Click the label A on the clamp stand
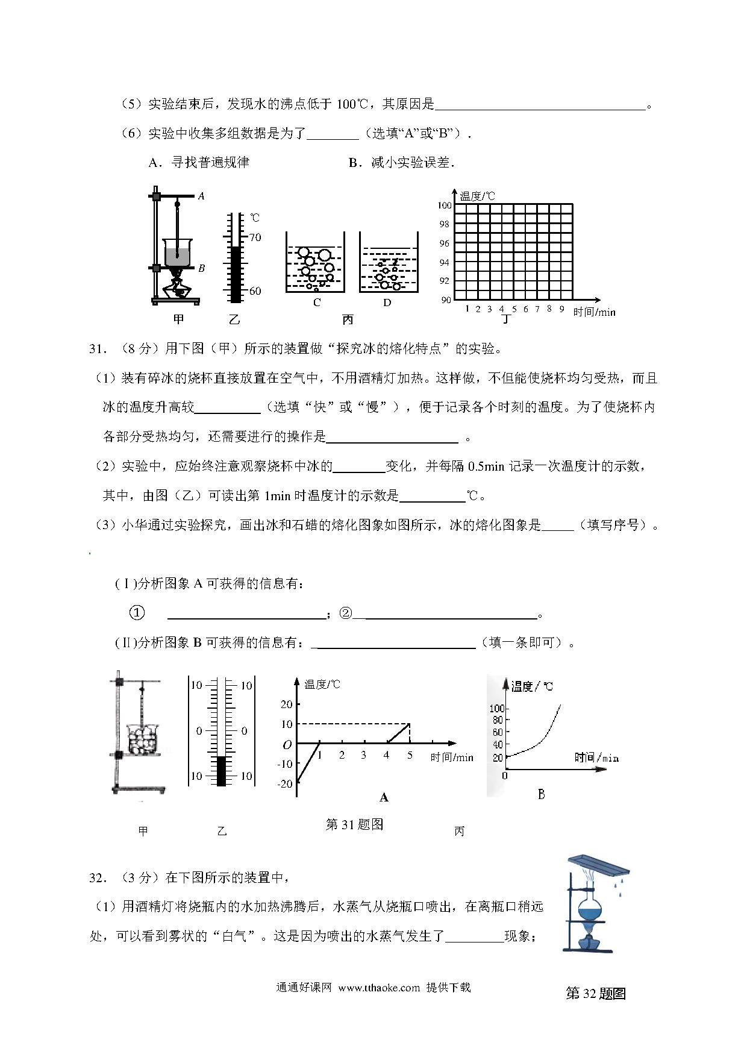click(201, 196)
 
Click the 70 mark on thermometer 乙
click(255, 237)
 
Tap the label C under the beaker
click(317, 303)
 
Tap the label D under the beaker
click(387, 303)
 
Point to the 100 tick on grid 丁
click(445, 205)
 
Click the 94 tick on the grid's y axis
click(445, 263)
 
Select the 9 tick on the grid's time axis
click(561, 309)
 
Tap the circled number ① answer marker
click(137, 613)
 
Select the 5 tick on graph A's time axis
click(410, 756)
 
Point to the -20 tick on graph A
click(286, 783)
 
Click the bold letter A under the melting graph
click(384, 798)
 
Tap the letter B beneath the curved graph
click(541, 795)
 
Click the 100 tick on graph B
click(496, 708)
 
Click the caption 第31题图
click(354, 824)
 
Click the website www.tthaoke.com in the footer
click(379, 988)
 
